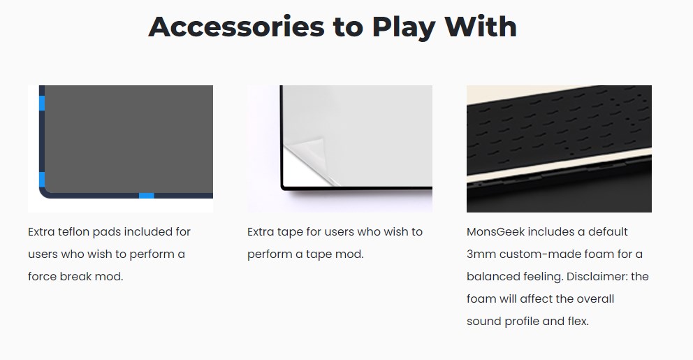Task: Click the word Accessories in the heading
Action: tap(236, 27)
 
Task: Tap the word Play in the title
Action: tap(404, 28)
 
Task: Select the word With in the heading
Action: tap(481, 27)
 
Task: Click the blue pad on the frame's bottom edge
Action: tap(147, 196)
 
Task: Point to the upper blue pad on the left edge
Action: tap(42, 103)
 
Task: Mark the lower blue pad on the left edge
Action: tap(42, 180)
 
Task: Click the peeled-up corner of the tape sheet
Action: tap(309, 150)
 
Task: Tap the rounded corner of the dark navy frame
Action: tap(45, 192)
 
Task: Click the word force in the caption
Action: tap(42, 276)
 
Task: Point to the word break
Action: tap(75, 276)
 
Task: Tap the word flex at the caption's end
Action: tap(578, 321)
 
